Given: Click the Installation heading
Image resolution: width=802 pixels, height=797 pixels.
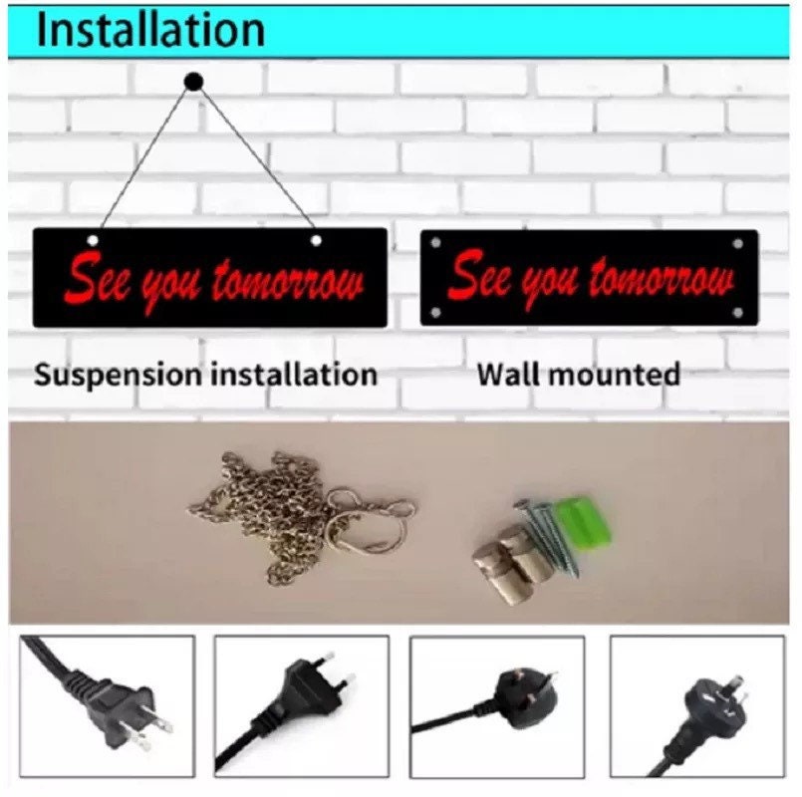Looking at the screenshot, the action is pyautogui.click(x=150, y=31).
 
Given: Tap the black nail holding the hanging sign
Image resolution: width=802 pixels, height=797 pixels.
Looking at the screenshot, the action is pyautogui.click(x=194, y=82).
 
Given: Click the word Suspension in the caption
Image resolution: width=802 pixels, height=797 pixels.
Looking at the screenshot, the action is pyautogui.click(x=119, y=375).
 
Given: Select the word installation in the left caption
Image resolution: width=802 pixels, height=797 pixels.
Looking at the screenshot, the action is pyautogui.click(x=294, y=374).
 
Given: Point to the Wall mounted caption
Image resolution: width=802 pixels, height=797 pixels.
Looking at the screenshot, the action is pyautogui.click(x=579, y=374).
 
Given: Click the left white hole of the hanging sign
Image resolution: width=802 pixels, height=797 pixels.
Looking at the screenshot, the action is pyautogui.click(x=93, y=240).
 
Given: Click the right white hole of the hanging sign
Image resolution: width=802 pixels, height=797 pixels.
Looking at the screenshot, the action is pyautogui.click(x=316, y=240).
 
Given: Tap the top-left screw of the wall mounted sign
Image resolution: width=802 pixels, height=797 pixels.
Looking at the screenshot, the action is pyautogui.click(x=435, y=243).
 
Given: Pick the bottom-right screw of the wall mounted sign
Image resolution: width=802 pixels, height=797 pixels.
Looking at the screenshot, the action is pyautogui.click(x=737, y=313).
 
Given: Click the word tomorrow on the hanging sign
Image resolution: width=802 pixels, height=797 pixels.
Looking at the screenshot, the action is pyautogui.click(x=289, y=281).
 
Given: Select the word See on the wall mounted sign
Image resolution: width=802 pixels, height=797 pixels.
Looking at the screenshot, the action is pyautogui.click(x=480, y=276).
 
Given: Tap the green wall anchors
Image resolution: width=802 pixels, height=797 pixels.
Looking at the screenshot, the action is pyautogui.click(x=586, y=522).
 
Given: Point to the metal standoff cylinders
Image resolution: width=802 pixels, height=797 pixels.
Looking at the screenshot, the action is pyautogui.click(x=509, y=563).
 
